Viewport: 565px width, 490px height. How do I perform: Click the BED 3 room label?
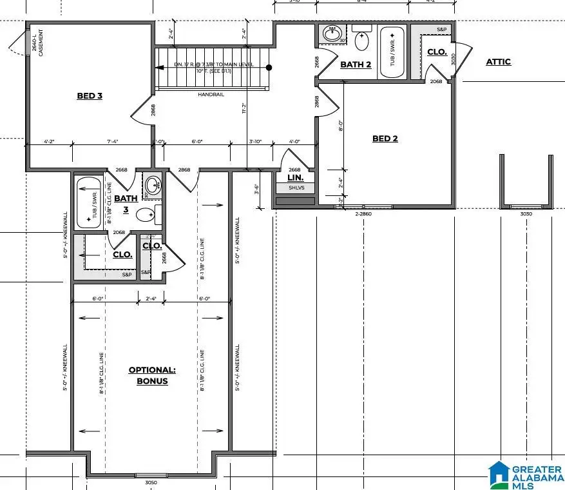90,96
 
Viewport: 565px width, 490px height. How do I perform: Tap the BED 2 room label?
385,139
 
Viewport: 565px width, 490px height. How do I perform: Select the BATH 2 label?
356,64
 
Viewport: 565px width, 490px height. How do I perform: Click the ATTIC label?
498,62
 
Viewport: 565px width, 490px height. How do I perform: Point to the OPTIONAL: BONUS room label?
152,375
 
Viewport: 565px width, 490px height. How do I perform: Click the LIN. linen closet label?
295,177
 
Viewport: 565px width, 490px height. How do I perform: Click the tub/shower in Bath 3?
90,202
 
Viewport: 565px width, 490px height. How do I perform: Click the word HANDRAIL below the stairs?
211,94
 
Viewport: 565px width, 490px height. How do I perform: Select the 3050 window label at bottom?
151,482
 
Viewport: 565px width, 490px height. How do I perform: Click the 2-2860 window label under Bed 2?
365,213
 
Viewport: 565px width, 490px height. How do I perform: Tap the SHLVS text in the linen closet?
295,188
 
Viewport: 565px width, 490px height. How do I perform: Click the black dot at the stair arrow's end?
269,67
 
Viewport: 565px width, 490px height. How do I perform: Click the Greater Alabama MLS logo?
525,474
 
